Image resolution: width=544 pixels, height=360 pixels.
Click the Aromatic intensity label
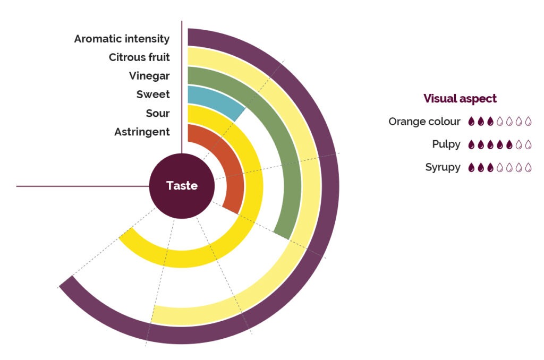point(122,39)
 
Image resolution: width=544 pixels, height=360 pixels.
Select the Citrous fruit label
point(139,57)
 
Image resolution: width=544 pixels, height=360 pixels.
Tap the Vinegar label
point(149,76)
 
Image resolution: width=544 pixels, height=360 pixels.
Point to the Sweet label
point(153,95)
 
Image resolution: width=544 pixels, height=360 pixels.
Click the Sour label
point(157,113)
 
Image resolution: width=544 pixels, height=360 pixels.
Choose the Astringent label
point(142,132)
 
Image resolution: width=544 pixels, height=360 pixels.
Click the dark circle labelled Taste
point(182,186)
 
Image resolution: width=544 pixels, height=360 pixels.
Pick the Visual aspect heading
point(460,99)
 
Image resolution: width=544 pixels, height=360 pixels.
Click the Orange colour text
point(424,122)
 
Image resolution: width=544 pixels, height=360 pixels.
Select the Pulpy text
point(446,144)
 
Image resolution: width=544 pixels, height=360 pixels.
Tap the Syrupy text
point(443,167)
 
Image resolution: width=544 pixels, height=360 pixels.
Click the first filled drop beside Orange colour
point(471,121)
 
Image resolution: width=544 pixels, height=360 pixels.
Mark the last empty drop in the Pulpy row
point(529,144)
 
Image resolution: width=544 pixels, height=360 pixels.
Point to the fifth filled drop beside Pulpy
point(509,144)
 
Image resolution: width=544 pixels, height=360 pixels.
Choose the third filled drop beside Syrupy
point(490,167)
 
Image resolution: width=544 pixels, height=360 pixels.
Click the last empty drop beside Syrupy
point(529,167)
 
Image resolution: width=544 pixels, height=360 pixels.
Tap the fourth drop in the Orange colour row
point(500,121)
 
